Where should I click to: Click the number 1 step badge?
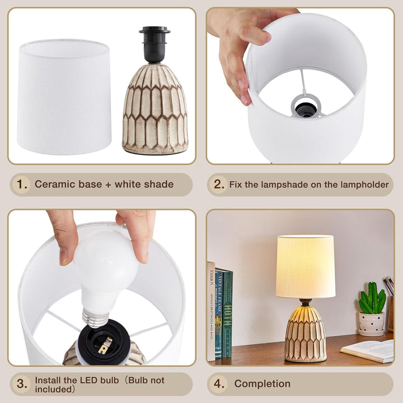point(22,184)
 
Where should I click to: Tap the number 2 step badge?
point(218,184)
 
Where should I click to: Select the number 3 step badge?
point(22,384)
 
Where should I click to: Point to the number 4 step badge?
point(218,384)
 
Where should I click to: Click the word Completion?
point(263,384)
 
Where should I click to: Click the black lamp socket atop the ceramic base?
point(154,44)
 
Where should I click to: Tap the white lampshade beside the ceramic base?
point(64,97)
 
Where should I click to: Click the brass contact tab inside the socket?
point(105,345)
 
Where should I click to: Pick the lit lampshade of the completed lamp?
point(306,266)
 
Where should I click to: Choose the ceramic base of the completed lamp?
point(306,334)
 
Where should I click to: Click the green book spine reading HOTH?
point(227,313)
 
